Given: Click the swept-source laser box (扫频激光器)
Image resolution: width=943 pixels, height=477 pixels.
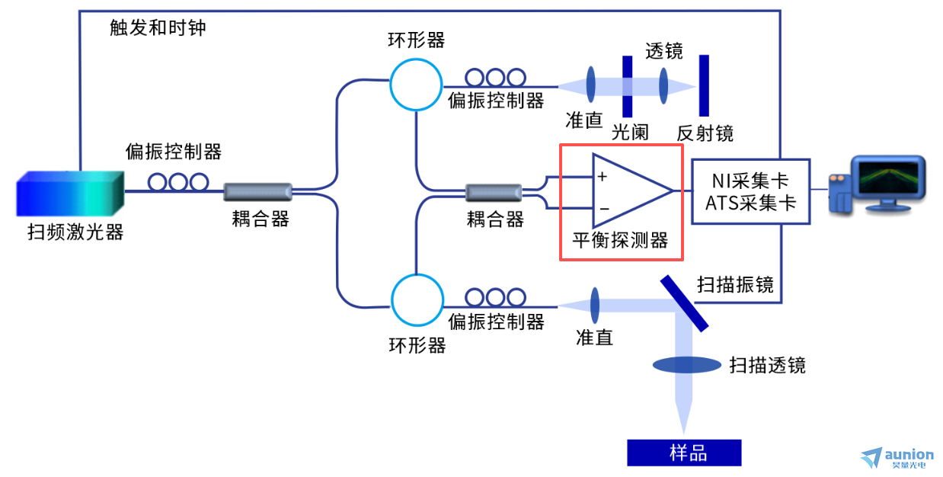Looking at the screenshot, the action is click(x=70, y=194).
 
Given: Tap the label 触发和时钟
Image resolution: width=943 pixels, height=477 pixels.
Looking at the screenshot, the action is click(x=158, y=27).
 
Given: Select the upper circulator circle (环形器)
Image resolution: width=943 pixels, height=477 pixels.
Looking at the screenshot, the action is click(x=416, y=85).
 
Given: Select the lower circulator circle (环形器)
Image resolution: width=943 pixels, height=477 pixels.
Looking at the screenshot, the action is click(x=417, y=300).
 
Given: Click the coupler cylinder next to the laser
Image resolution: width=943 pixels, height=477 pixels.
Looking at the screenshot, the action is click(x=257, y=191).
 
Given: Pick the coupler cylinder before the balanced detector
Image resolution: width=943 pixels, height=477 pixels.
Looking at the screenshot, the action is click(x=494, y=193).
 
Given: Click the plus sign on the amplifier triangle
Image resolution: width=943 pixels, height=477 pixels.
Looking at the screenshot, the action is click(x=602, y=177).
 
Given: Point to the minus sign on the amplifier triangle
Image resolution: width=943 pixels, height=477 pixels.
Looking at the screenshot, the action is click(x=604, y=209).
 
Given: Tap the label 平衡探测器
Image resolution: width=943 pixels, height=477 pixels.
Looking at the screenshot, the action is click(x=620, y=240).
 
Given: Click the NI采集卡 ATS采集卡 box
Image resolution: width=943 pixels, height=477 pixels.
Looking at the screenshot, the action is click(x=750, y=191).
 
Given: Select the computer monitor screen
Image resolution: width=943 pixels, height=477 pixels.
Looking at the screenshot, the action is click(x=888, y=178).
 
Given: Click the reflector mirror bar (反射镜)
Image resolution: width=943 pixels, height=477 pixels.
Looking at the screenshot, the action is click(x=704, y=85).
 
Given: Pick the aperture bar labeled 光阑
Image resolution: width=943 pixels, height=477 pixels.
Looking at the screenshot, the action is click(x=627, y=86).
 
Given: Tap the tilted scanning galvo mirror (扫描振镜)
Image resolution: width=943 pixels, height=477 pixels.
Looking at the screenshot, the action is click(x=684, y=303).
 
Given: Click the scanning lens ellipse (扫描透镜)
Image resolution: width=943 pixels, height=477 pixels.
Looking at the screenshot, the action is click(x=686, y=364).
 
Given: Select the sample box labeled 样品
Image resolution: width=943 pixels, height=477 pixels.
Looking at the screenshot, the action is click(x=684, y=453).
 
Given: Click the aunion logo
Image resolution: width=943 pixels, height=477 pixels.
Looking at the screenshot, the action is click(x=897, y=458).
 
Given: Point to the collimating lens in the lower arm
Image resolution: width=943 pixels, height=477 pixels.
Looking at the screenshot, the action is click(x=595, y=306).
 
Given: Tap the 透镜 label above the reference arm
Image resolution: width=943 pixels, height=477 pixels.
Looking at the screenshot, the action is click(x=664, y=51).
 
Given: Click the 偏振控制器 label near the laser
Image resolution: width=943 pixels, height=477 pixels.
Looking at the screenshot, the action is click(x=174, y=152).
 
